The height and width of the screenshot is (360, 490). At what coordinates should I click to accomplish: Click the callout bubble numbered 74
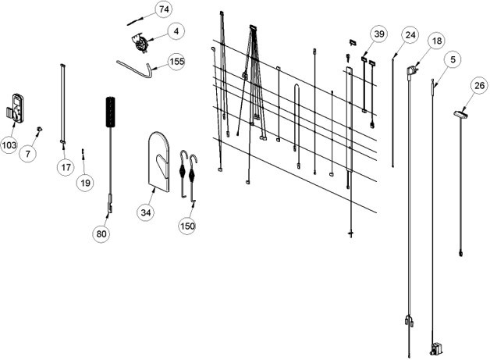click(x=164, y=9)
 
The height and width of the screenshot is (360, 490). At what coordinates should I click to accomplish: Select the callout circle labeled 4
click(x=176, y=31)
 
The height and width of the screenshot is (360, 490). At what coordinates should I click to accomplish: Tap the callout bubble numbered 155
click(x=177, y=62)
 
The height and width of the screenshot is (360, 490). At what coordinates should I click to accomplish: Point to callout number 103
click(x=9, y=144)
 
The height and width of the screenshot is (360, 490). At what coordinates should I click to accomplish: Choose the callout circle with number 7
click(x=28, y=154)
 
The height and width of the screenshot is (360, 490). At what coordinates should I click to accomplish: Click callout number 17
click(x=66, y=167)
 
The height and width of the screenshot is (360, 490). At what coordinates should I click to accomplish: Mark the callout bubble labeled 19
click(x=85, y=183)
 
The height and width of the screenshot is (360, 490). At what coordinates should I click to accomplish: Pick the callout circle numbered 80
click(x=101, y=233)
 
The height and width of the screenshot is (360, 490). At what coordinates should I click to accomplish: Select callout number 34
click(x=146, y=212)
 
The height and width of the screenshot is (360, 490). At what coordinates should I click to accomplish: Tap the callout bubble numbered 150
click(x=187, y=226)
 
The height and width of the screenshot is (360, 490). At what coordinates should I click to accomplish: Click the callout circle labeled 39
click(x=379, y=34)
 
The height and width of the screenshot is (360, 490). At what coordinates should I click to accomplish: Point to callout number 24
click(x=410, y=35)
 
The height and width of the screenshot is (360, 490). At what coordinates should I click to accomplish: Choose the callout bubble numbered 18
click(x=437, y=41)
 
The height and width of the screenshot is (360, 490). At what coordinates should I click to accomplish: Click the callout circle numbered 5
click(x=453, y=59)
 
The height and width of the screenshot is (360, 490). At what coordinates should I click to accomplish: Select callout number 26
click(x=479, y=86)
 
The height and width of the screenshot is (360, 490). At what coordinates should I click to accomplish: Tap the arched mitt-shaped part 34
click(x=159, y=161)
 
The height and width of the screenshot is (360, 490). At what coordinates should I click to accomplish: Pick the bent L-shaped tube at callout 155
click(x=134, y=70)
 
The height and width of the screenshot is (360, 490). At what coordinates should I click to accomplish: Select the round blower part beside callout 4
click(x=140, y=43)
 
